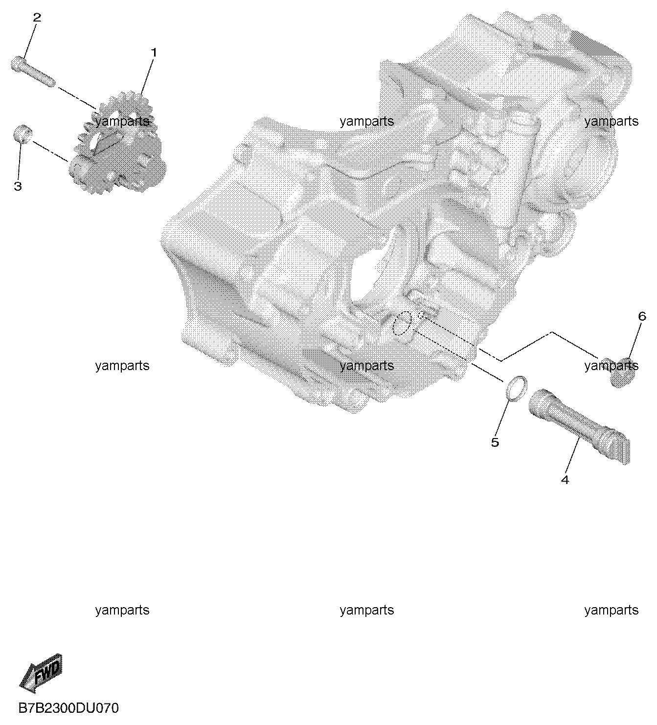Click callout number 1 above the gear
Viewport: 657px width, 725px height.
(x=154, y=53)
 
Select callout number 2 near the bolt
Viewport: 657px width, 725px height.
(x=37, y=17)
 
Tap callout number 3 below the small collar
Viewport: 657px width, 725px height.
(x=18, y=186)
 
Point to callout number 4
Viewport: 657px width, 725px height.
(x=565, y=480)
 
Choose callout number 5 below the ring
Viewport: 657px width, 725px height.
(x=495, y=442)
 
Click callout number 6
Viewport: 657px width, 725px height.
(x=642, y=317)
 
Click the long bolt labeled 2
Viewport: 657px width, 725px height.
(x=33, y=71)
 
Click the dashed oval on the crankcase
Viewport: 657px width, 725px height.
(x=402, y=324)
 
